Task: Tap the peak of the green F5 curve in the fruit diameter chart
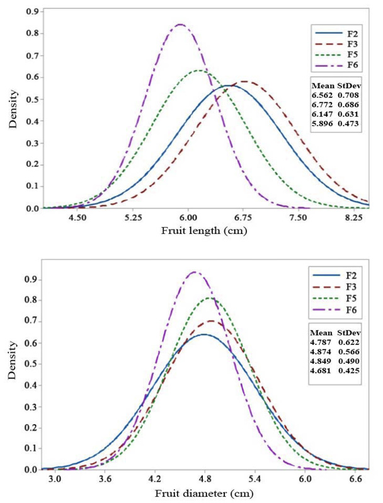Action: [210, 298]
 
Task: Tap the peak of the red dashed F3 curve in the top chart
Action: [244, 81]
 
